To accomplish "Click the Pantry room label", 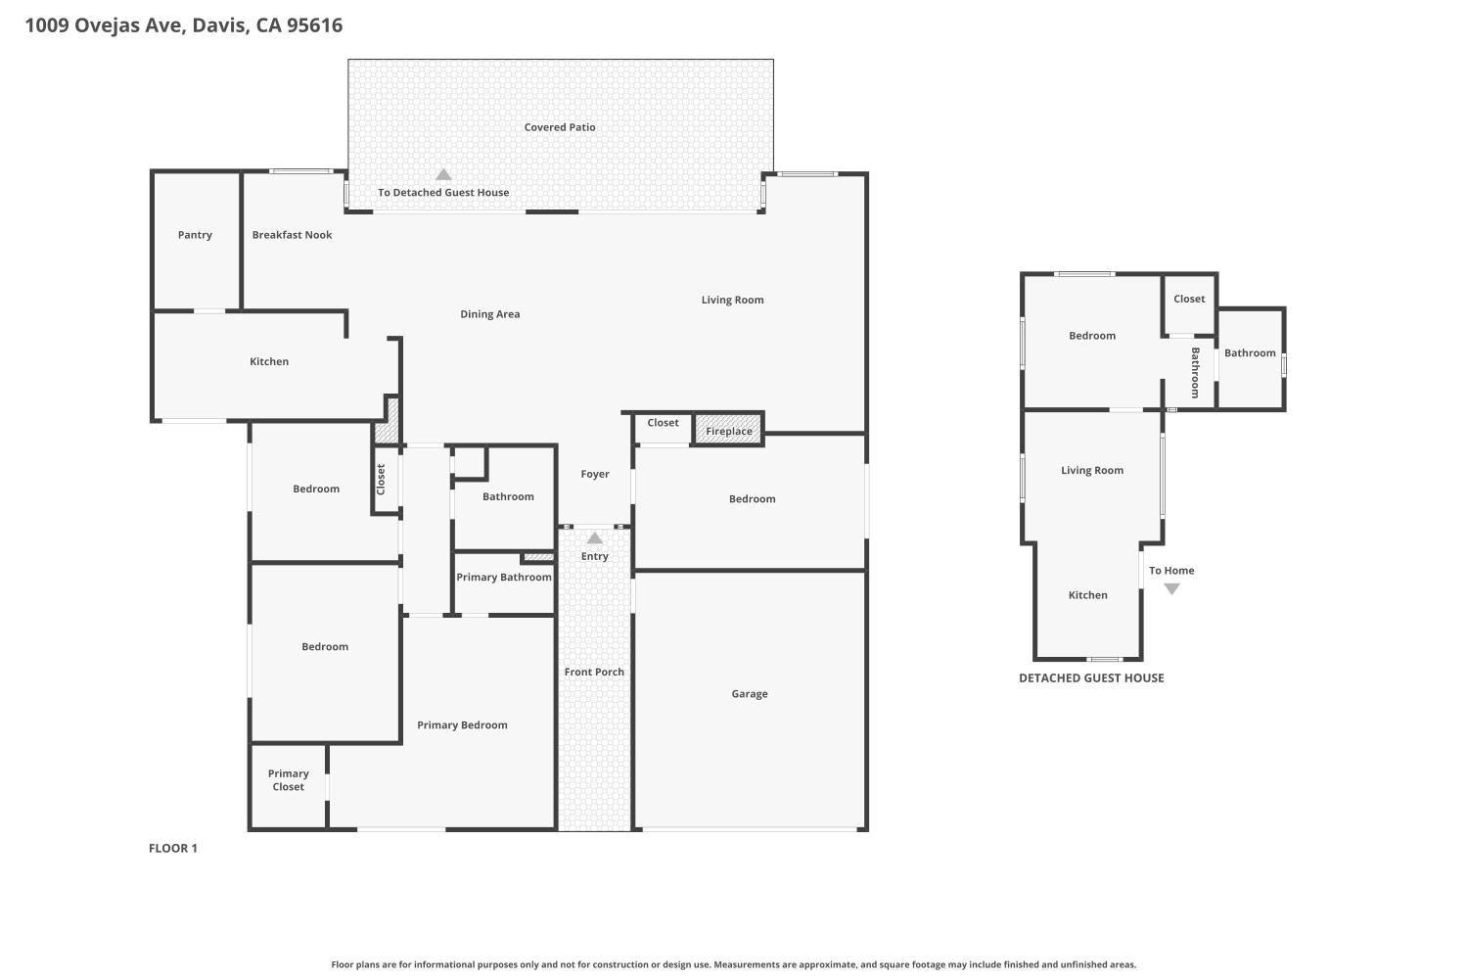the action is point(195,235).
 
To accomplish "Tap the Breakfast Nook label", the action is point(292,235).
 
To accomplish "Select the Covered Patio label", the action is point(560,127).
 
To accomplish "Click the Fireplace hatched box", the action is point(728,430).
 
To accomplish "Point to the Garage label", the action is point(749,694).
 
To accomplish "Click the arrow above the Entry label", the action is point(594,537).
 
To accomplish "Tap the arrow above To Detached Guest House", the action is point(443,174).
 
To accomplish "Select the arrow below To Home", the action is point(1171,588).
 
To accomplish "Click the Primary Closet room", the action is point(289,786).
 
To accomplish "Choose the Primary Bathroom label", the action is point(504,577).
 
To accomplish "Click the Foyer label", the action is point(595,474).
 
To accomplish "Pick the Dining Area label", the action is point(490,314).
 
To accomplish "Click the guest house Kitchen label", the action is point(1088,595).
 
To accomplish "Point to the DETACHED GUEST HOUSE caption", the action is point(1091,678).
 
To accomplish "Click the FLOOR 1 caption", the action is point(173,848).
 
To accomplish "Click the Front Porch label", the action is point(594,672).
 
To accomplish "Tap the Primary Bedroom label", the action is point(462,725).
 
